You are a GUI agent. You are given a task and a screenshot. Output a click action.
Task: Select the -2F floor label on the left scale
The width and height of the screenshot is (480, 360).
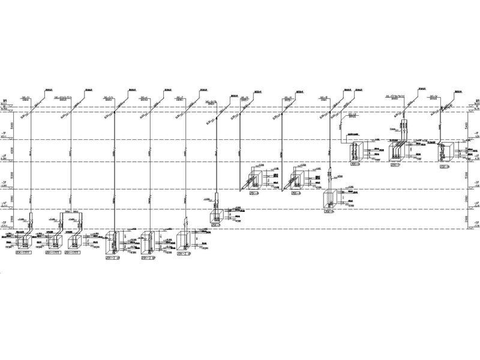coord(4,155)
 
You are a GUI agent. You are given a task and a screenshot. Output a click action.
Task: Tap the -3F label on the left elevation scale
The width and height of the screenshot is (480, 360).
coord(4,182)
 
